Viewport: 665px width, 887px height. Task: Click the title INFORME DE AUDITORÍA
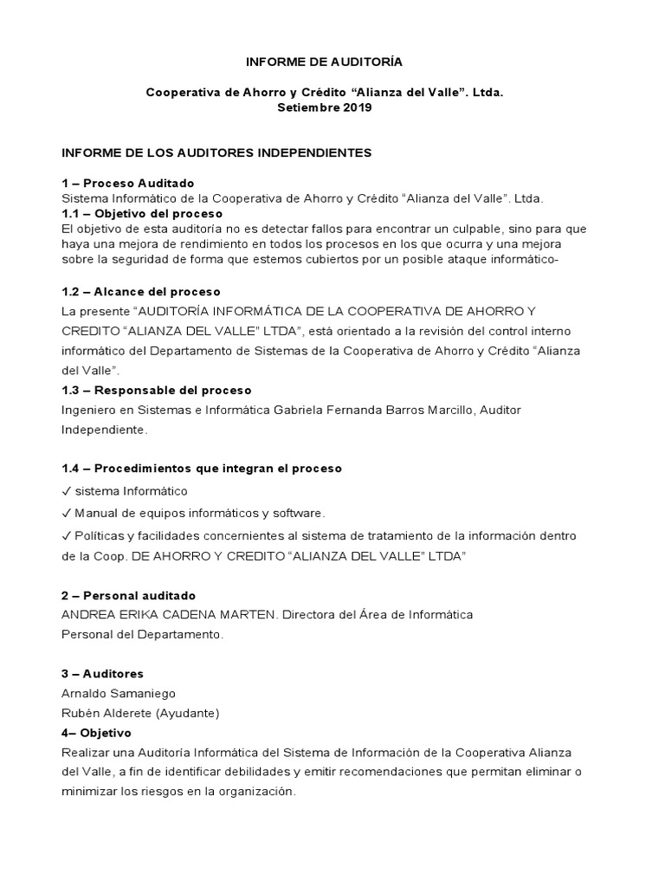(x=324, y=62)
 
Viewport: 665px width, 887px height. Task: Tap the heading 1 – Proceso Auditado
(x=128, y=183)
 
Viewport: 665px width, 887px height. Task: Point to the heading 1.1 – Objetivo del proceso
(x=142, y=213)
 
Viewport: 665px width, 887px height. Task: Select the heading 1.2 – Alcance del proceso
(x=141, y=292)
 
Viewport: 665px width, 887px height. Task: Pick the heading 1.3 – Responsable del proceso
(x=157, y=391)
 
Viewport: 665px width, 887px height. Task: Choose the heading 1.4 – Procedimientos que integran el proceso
(x=202, y=469)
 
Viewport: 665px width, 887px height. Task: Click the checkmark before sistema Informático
(x=67, y=491)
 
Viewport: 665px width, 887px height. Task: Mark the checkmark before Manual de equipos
(x=67, y=514)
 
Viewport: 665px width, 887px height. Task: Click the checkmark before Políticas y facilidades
(x=67, y=536)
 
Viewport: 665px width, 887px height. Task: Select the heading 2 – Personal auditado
(x=129, y=596)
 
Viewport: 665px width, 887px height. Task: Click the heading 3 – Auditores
(x=103, y=674)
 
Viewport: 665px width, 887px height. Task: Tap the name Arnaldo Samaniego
(x=119, y=693)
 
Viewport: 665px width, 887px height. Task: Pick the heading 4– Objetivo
(x=96, y=733)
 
